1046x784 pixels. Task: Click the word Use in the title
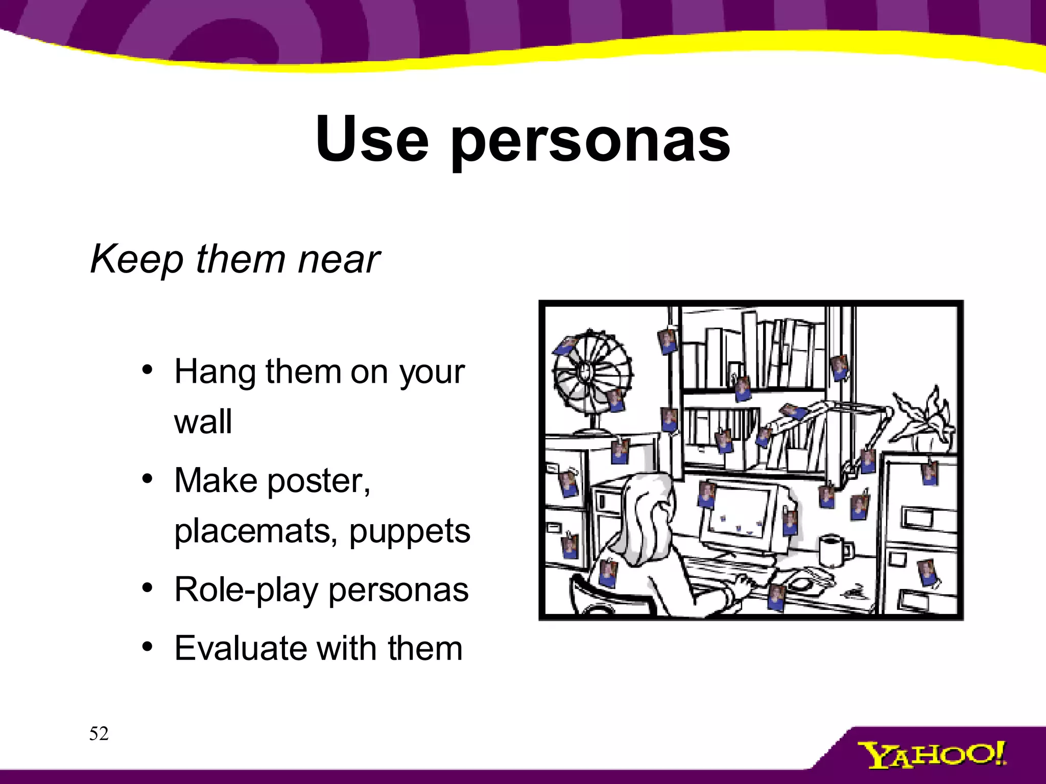tap(372, 139)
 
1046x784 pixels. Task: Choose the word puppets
tap(410, 532)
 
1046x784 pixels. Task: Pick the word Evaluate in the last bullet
tap(239, 648)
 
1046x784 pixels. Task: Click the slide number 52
tap(99, 733)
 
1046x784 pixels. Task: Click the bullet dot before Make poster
tap(148, 479)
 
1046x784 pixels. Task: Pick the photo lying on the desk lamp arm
tap(792, 410)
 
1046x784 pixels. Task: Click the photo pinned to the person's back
tap(608, 573)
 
